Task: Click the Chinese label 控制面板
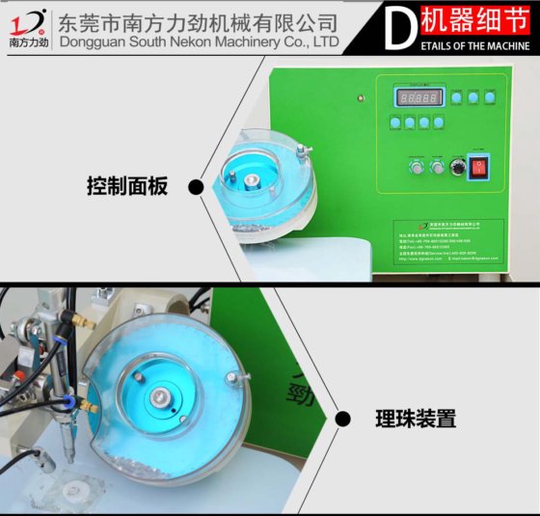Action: [127, 187]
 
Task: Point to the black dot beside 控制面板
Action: [195, 187]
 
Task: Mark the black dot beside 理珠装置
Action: [342, 419]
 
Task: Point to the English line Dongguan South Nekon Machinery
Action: [199, 42]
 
